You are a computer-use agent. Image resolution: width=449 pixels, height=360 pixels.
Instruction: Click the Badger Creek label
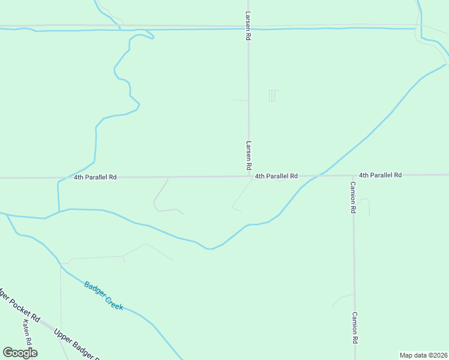pyautogui.click(x=104, y=296)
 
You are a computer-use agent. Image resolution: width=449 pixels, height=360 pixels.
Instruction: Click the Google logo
pyautogui.click(x=20, y=353)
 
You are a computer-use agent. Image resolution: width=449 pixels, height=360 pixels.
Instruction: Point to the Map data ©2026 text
pyautogui.click(x=423, y=355)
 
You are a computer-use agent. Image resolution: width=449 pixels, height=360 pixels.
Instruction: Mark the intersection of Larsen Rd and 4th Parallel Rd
pyautogui.click(x=249, y=176)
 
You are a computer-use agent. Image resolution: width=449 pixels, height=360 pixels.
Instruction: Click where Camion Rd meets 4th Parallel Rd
pyautogui.click(x=353, y=175)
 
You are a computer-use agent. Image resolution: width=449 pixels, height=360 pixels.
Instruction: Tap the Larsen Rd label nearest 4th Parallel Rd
pyautogui.click(x=248, y=155)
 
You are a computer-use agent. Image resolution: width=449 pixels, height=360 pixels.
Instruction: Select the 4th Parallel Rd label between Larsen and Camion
pyautogui.click(x=276, y=176)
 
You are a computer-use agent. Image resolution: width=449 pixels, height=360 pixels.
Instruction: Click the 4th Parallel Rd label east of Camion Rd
pyautogui.click(x=380, y=175)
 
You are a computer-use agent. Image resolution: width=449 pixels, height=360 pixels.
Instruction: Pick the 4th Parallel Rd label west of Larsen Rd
pyautogui.click(x=95, y=178)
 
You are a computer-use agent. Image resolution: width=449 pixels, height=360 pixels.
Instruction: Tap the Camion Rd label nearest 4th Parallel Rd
pyautogui.click(x=354, y=197)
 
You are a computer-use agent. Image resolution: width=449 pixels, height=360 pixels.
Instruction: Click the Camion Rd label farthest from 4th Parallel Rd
pyautogui.click(x=355, y=327)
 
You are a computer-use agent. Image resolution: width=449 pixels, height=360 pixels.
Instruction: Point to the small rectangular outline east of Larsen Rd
pyautogui.click(x=274, y=95)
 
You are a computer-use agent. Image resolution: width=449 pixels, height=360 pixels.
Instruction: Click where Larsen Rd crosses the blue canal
pyautogui.click(x=248, y=28)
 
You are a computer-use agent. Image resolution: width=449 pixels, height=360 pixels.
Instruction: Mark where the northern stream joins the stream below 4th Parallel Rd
pyautogui.click(x=59, y=211)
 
